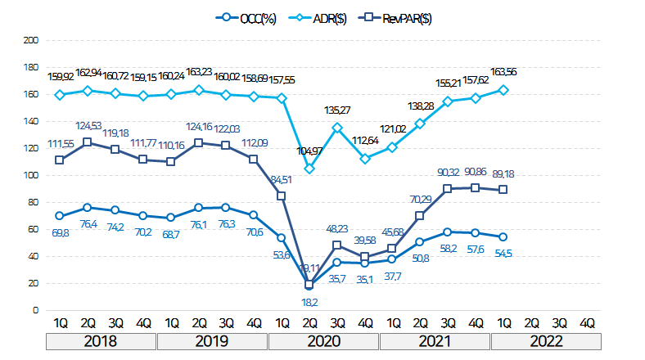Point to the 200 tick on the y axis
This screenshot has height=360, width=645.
[31, 40]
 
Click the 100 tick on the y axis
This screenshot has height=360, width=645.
[31, 175]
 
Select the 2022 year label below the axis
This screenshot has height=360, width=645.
[545, 340]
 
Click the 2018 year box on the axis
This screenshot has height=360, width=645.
[100, 340]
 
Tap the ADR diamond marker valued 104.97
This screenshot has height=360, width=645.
[309, 169]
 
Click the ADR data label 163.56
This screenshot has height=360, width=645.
[503, 73]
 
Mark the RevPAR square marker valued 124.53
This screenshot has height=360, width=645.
[87, 142]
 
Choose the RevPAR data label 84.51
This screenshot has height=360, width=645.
[281, 180]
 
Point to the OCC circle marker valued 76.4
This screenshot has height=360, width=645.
[87, 208]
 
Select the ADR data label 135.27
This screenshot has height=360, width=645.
[337, 110]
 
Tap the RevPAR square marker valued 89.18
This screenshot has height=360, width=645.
[503, 190]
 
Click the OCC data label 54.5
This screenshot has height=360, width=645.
[503, 253]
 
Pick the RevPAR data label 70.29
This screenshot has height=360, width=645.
[419, 199]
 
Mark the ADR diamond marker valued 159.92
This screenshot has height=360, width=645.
[59, 95]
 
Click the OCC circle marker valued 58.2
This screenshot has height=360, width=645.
[448, 232]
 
